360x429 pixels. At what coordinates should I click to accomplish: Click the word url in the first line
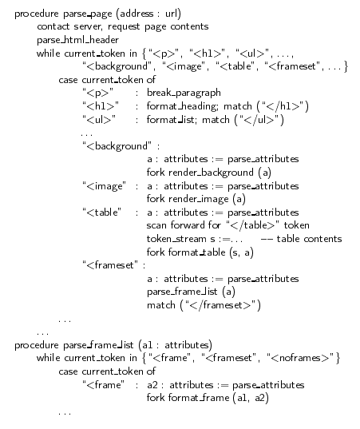pos(172,14)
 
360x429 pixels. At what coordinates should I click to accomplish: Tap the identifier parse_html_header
pos(77,40)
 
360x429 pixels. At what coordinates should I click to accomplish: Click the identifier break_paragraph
pos(184,93)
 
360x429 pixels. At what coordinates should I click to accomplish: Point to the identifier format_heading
pos(182,106)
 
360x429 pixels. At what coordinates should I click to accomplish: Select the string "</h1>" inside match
pos(282,106)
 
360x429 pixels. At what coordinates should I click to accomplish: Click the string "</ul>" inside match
pos(259,120)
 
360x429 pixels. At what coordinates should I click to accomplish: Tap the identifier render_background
pos(211,173)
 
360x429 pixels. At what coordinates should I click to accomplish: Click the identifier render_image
pos(199,199)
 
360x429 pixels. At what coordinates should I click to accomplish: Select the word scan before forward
pos(156,225)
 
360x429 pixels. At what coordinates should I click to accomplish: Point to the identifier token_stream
pos(176,239)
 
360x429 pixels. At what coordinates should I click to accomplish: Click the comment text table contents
pos(309,239)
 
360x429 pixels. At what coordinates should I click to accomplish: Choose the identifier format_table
pos(196,252)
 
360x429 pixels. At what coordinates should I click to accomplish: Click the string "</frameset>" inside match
pos(220,305)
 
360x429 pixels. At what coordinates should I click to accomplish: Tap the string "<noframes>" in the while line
pos(300,358)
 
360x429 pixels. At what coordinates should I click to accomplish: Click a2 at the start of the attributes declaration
pos(152,385)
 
